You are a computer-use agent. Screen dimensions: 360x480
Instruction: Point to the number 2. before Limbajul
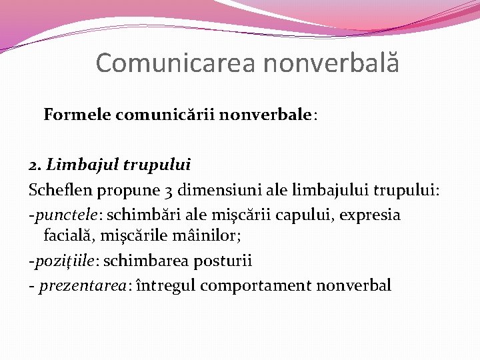(x=35, y=164)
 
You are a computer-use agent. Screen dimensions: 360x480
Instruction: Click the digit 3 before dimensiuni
(x=168, y=191)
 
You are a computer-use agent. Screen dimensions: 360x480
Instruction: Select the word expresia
(x=375, y=215)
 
